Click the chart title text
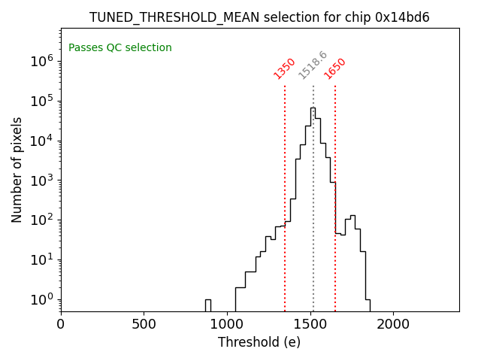click(259, 17)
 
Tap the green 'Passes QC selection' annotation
click(120, 48)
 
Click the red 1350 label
click(285, 68)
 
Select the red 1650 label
click(335, 68)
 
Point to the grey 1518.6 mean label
click(313, 65)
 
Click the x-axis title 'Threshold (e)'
click(259, 342)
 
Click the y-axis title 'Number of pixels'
click(17, 169)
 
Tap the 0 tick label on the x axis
click(61, 324)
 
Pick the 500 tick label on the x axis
click(144, 324)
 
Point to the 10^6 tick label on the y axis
click(41, 61)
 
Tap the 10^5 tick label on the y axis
click(41, 101)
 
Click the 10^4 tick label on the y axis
click(41, 141)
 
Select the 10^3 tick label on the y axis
click(41, 180)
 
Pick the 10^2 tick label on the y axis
click(41, 220)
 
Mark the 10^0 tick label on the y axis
click(41, 299)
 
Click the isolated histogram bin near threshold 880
click(207, 304)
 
